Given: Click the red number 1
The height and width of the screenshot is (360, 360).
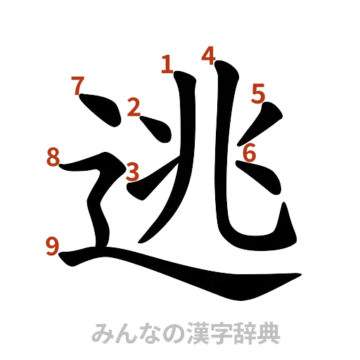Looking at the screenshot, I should (x=167, y=65).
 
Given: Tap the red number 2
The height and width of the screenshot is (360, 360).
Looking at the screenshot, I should (x=134, y=107).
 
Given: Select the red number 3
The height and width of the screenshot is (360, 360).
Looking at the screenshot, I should (x=133, y=169).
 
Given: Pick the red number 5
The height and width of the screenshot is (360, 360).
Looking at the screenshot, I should (x=258, y=92).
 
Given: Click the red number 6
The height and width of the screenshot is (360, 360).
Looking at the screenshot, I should (x=248, y=151).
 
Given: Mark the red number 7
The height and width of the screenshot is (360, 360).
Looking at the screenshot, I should (x=77, y=86).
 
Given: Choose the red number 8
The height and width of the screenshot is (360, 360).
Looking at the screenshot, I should (x=52, y=157).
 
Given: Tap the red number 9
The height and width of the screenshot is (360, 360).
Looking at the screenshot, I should (x=52, y=245).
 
